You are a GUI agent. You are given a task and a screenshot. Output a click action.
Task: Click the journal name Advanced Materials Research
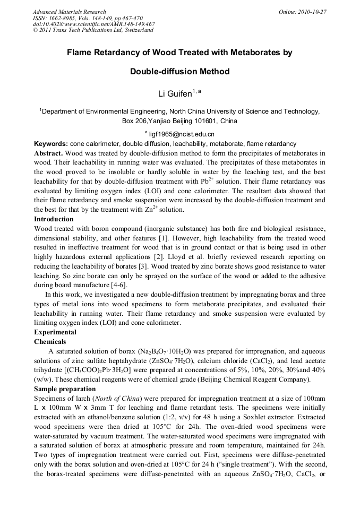(69, 12)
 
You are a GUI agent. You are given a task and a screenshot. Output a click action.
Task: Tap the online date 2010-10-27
(310, 12)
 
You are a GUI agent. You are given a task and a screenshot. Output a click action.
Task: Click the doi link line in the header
(93, 24)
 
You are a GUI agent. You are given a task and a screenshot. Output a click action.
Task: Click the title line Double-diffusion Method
(179, 71)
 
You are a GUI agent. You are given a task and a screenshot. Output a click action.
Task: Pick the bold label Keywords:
(51, 144)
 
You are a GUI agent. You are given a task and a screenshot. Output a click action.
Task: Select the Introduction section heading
(54, 219)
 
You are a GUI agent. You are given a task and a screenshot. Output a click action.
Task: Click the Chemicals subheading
(50, 342)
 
